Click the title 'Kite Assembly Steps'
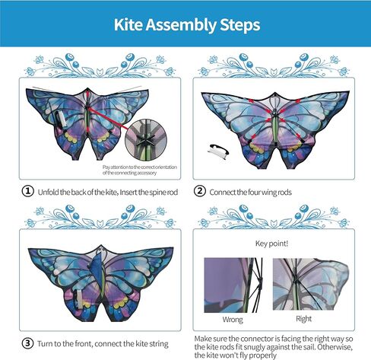point(186,24)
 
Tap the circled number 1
point(27,192)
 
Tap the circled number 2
point(200,192)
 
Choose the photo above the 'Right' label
point(302,285)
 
